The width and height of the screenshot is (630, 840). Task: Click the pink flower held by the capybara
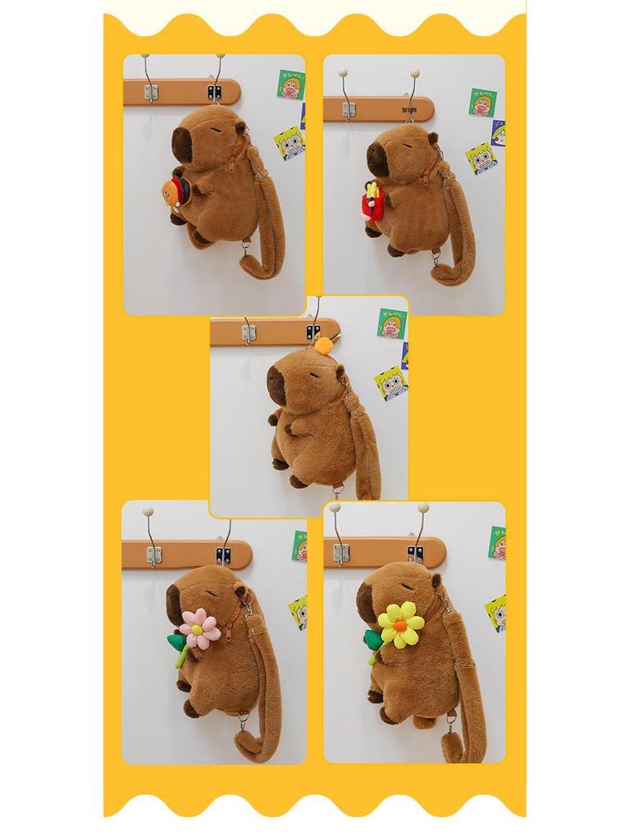(199, 629)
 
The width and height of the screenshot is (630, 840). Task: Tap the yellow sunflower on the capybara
(400, 625)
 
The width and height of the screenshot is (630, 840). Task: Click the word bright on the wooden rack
(409, 109)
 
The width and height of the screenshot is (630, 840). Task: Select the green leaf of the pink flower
(177, 642)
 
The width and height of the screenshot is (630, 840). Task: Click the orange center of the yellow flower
(399, 625)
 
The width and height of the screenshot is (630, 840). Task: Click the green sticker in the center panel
(391, 322)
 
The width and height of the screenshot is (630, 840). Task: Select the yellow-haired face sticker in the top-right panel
(481, 157)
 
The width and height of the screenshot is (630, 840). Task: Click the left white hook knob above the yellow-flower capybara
(336, 509)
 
